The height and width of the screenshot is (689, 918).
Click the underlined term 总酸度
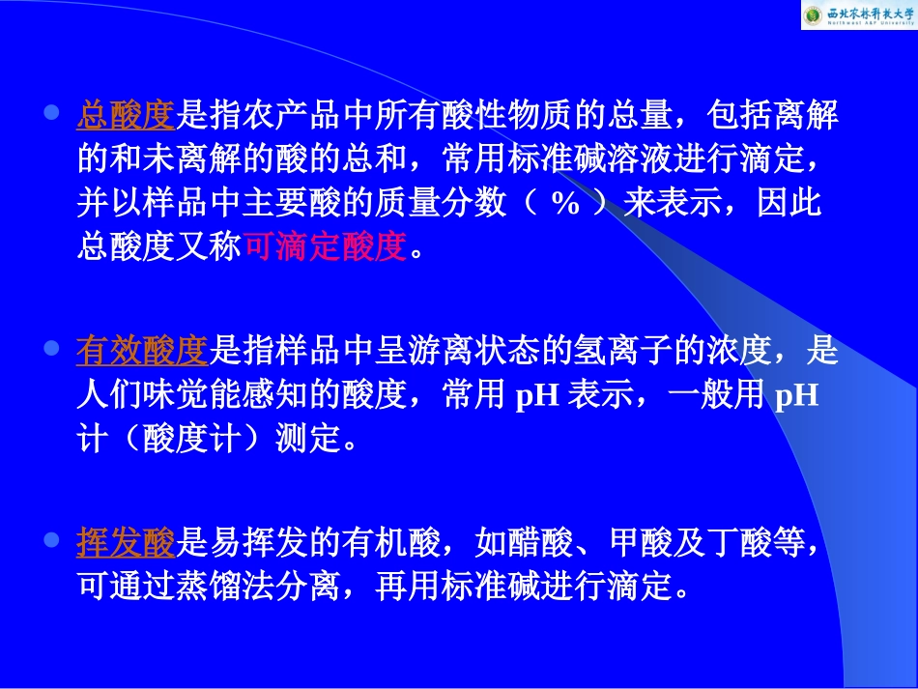[125, 118]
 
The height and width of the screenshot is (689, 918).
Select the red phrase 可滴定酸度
[326, 247]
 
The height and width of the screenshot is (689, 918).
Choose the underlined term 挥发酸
[125, 544]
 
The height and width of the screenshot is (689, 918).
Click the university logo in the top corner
[857, 15]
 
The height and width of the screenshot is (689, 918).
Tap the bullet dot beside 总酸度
[53, 113]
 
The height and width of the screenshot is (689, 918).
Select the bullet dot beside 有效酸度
[53, 348]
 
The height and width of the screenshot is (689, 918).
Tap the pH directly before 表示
[537, 397]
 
